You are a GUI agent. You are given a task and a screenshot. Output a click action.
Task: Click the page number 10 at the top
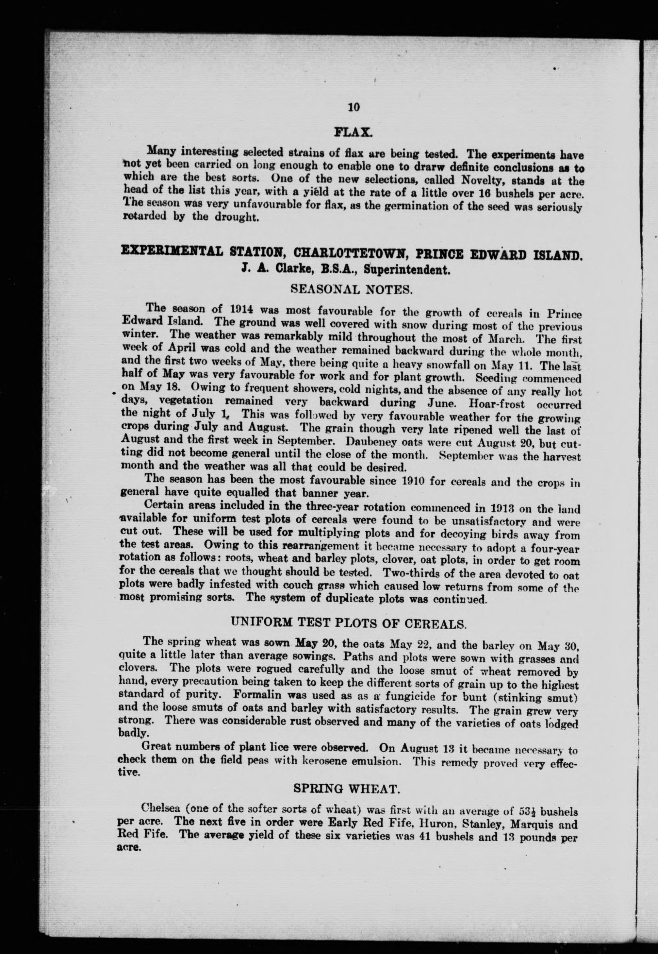(x=354, y=107)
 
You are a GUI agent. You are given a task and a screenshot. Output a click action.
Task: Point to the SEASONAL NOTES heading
(x=351, y=289)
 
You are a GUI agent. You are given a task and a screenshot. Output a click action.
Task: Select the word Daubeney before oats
(x=373, y=441)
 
